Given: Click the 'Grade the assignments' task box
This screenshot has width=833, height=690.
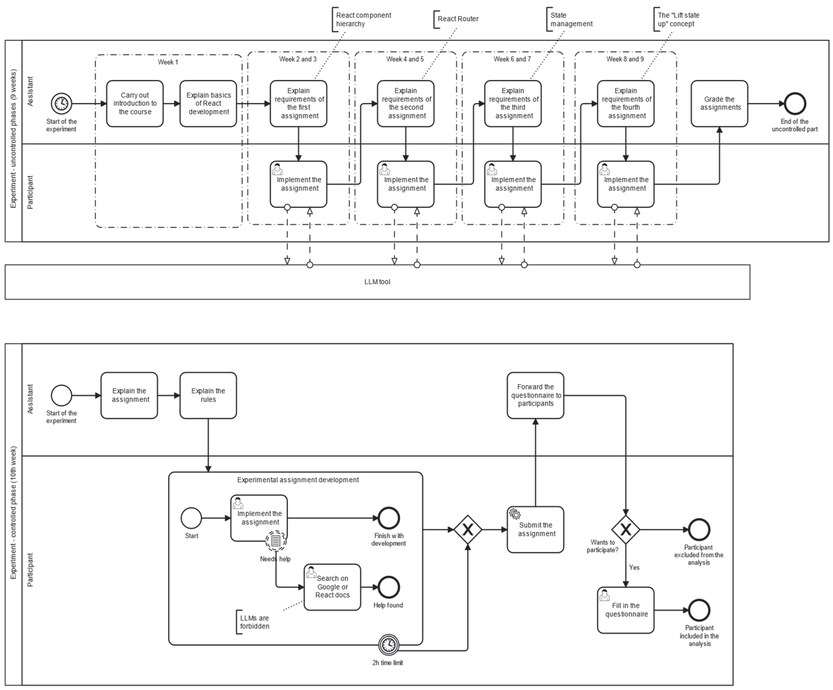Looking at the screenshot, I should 719,104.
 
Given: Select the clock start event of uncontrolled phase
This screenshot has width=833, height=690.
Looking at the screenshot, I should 62,104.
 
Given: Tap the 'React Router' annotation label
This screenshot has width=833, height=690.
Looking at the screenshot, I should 458,19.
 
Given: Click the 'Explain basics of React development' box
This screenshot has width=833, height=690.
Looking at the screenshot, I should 208,104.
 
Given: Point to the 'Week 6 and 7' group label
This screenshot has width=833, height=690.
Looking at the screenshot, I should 512,59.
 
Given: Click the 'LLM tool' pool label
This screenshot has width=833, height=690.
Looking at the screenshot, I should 377,282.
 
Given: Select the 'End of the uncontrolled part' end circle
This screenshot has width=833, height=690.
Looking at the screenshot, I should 795,104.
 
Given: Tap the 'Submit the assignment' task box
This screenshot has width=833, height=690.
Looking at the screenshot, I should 535,529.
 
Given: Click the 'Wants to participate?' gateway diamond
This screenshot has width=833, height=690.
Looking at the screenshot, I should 626,529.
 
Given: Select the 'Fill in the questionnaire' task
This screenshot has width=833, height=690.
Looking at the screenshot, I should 626,610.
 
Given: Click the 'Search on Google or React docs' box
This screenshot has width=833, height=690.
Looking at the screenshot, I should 332,587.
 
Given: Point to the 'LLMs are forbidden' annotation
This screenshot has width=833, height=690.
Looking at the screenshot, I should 254,622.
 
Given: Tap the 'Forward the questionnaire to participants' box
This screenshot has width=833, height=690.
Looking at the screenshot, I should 535,395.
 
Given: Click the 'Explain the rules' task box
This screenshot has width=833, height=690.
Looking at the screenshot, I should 208,395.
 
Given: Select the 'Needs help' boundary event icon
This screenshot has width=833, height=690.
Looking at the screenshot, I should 276,540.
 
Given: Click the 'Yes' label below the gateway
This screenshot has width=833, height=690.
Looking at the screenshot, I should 634,567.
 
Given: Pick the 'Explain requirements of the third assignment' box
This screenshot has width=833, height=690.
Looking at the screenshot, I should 513,104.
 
